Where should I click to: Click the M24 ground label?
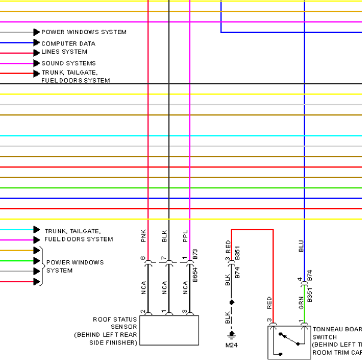[231, 345]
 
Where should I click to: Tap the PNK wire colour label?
[144, 236]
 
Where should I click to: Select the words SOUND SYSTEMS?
[68, 63]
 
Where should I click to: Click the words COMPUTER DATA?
[68, 44]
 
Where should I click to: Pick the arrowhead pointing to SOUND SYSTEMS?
[37, 63]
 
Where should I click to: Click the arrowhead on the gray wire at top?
[37, 32]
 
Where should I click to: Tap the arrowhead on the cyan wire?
[37, 230]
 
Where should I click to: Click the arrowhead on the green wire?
[37, 261]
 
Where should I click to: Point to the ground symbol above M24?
[232, 335]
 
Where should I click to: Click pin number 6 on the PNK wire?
[143, 258]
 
